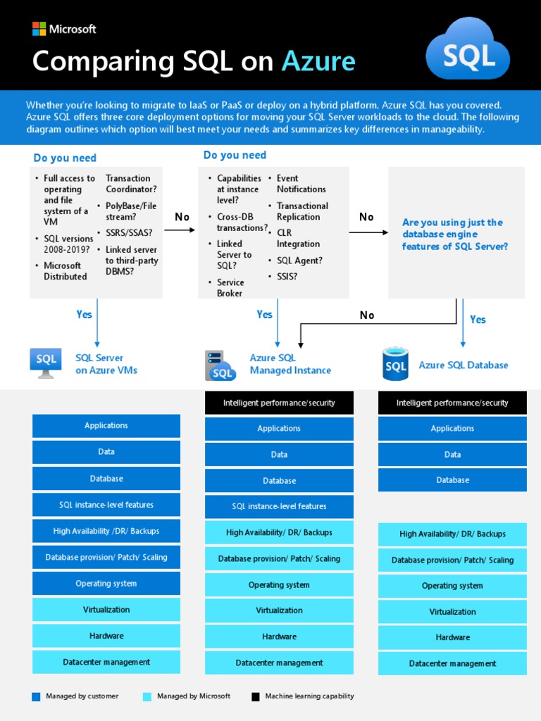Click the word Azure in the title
tap(318, 62)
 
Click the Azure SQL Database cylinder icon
tap(395, 363)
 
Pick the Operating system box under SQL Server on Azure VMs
tap(106, 584)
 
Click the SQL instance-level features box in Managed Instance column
tap(280, 506)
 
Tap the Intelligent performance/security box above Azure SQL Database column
tap(452, 403)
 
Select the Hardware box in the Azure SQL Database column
tap(452, 637)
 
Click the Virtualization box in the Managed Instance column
tap(280, 610)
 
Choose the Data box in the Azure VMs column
tap(106, 452)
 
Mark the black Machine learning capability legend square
tap(256, 697)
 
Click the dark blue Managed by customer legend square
tap(37, 697)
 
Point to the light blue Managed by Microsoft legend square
tap(147, 697)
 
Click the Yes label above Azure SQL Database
tap(478, 320)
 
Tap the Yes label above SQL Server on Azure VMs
tap(84, 315)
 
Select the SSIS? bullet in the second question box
tap(287, 277)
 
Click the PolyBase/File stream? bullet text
tap(131, 211)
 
